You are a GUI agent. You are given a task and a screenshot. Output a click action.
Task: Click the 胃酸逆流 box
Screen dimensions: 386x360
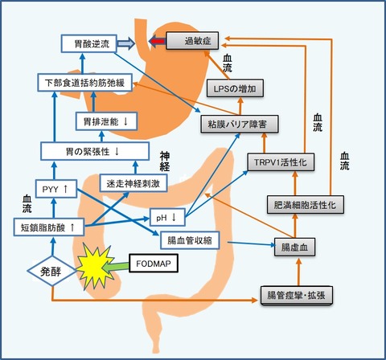click(x=89, y=43)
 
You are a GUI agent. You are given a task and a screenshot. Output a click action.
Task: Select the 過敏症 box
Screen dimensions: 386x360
click(x=192, y=41)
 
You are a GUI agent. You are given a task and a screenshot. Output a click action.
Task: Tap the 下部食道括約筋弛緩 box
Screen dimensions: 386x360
click(x=84, y=83)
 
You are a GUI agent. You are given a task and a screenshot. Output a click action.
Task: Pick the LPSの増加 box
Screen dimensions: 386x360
click(x=235, y=88)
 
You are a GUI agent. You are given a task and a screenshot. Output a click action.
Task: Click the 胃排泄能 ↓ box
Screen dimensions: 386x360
click(x=106, y=121)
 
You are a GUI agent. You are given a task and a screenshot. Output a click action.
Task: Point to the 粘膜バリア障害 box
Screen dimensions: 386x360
click(x=240, y=124)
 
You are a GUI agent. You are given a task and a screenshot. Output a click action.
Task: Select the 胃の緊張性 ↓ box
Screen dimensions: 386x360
click(x=95, y=151)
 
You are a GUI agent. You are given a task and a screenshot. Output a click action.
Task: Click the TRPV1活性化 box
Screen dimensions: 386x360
click(x=281, y=162)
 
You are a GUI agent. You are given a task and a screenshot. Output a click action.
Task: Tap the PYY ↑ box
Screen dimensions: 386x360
click(x=56, y=189)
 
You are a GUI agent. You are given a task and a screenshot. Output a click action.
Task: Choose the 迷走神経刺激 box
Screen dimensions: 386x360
click(x=133, y=183)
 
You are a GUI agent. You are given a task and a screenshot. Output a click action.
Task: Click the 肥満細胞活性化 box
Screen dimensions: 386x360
click(x=306, y=205)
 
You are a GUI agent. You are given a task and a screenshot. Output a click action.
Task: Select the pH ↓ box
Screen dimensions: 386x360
click(x=167, y=217)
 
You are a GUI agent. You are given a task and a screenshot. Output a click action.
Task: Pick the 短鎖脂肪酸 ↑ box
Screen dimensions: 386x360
click(x=49, y=227)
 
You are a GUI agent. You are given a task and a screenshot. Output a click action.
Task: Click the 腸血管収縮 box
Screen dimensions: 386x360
click(x=190, y=239)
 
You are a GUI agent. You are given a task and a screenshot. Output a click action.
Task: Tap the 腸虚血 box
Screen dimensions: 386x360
click(x=294, y=247)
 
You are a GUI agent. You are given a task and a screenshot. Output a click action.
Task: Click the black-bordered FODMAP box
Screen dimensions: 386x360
click(x=154, y=264)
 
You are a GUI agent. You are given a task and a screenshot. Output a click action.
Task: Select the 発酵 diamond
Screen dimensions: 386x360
click(x=51, y=271)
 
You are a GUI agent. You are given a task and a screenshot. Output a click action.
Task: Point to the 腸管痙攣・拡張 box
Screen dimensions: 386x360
click(x=297, y=295)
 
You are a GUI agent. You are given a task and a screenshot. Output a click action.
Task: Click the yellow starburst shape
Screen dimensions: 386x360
click(x=95, y=266)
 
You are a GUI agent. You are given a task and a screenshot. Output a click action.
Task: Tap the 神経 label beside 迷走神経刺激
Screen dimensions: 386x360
click(x=165, y=162)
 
